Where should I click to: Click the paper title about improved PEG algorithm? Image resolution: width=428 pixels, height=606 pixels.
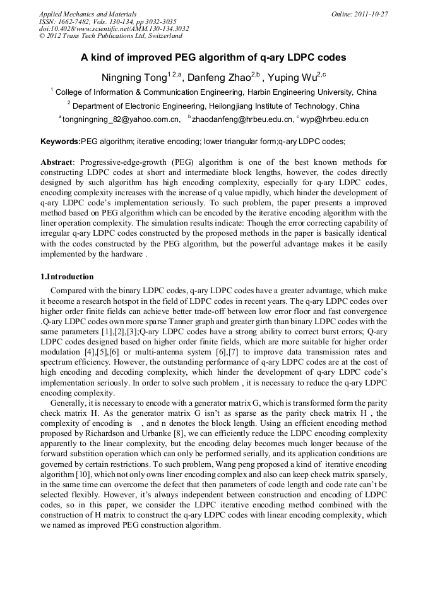point(213,58)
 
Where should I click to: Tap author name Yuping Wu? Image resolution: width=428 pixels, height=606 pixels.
point(292,78)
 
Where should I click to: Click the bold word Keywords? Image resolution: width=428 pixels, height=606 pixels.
point(60,142)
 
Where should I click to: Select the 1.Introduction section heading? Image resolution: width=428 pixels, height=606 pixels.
point(67,277)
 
